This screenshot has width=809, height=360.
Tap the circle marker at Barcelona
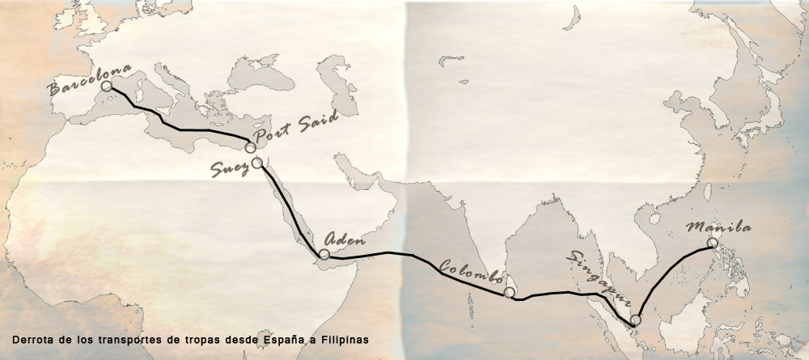pos(107,85)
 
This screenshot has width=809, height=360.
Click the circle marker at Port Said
pos(251,148)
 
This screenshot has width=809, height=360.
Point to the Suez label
pos(231,168)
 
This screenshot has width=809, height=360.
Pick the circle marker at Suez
pos(256,163)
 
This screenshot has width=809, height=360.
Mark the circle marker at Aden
pos(324,254)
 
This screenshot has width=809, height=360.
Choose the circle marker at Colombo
pos(509,291)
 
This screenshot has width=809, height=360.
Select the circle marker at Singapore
pos(635,320)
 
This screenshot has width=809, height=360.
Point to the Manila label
pos(718,227)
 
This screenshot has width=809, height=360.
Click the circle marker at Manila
pos(712,243)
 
